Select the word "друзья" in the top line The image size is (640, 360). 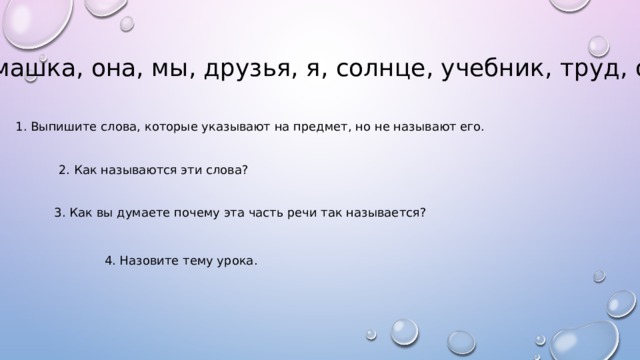pos(287,71)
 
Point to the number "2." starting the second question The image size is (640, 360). pos(65,170)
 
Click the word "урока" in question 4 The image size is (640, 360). pos(236,262)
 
